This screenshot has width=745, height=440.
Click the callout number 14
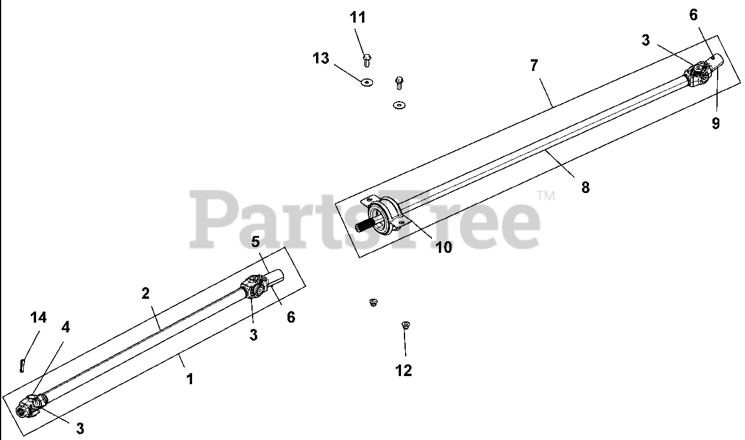(39, 317)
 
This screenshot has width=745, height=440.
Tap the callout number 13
(321, 58)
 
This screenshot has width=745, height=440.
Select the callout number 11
(358, 17)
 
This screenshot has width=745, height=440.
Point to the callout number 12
(403, 370)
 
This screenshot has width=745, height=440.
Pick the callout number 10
(444, 247)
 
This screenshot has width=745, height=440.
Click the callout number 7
(534, 65)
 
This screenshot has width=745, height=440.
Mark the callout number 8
(586, 187)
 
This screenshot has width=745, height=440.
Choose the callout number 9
(715, 123)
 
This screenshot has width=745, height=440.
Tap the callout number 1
(189, 379)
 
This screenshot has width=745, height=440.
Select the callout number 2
(146, 293)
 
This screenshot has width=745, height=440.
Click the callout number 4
(66, 327)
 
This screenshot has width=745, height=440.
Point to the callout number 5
(255, 241)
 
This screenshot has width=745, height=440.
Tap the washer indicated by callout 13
(367, 83)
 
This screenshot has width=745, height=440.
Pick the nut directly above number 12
(406, 325)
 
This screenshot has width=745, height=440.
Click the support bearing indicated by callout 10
(387, 216)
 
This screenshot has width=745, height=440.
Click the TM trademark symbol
(545, 196)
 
